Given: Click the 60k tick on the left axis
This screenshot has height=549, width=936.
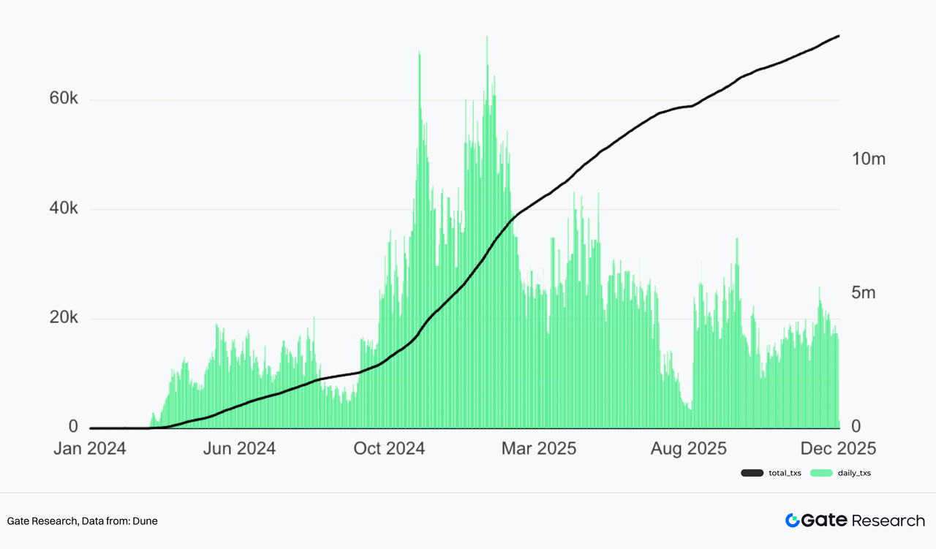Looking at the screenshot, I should click(63, 99).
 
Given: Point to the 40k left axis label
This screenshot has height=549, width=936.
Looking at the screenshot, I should click(63, 209).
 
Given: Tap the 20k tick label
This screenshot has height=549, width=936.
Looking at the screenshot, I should click(63, 318).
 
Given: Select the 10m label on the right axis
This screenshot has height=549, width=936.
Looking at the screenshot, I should click(869, 159).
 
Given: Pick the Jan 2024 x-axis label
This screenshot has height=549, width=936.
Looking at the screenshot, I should click(89, 448).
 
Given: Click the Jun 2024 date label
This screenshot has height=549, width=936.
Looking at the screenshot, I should click(239, 448).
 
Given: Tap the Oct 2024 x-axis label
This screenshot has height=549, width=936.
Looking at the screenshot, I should click(388, 448).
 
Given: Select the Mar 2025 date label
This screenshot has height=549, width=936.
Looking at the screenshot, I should click(539, 448).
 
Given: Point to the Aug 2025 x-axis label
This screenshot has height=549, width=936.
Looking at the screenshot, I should click(689, 448).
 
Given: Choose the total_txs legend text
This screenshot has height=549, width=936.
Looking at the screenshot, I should click(785, 473).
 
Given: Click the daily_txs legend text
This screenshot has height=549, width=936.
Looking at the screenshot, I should click(854, 473).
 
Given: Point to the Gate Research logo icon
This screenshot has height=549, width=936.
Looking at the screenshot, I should click(793, 520).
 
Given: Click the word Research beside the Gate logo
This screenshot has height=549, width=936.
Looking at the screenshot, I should click(888, 520).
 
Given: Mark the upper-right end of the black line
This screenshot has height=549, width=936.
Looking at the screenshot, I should click(838, 36).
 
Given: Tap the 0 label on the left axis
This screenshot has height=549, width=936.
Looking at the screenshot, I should click(72, 427).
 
